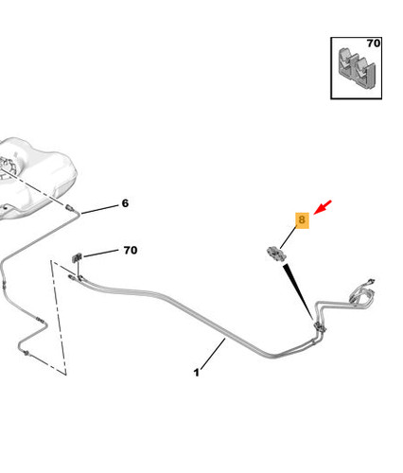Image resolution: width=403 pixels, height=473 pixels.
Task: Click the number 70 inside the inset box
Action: pos(374,44)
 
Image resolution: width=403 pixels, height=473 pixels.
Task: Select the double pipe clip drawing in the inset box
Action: pos(357,68)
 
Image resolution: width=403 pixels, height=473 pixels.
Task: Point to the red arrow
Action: pos(323,207)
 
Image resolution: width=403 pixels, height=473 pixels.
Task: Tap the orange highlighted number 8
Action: pos(302,219)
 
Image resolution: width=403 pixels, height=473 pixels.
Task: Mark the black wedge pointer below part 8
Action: pos(298,291)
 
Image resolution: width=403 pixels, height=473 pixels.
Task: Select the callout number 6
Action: pos(125,203)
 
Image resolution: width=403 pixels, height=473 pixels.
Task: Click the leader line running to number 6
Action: pos(99,210)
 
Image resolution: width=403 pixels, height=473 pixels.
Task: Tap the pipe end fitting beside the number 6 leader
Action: pos(70,208)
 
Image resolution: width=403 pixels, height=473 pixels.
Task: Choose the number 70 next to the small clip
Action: pos(131,251)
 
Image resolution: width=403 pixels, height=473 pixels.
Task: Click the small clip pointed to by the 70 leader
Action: pos(77,258)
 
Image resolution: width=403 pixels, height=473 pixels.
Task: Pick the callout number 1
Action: pos(197,373)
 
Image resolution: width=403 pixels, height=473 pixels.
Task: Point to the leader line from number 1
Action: pos(213,354)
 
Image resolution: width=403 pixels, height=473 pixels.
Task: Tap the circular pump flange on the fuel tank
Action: pos(7,167)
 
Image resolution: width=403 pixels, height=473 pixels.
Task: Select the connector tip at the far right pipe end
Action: pos(371,281)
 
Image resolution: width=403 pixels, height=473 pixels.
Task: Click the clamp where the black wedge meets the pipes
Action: pos(320,326)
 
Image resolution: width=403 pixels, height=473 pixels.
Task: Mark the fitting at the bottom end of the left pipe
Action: pos(26,353)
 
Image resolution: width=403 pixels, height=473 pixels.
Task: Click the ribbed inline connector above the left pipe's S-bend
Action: pos(40,320)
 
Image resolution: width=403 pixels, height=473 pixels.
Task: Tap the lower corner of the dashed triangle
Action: pos(66,376)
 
